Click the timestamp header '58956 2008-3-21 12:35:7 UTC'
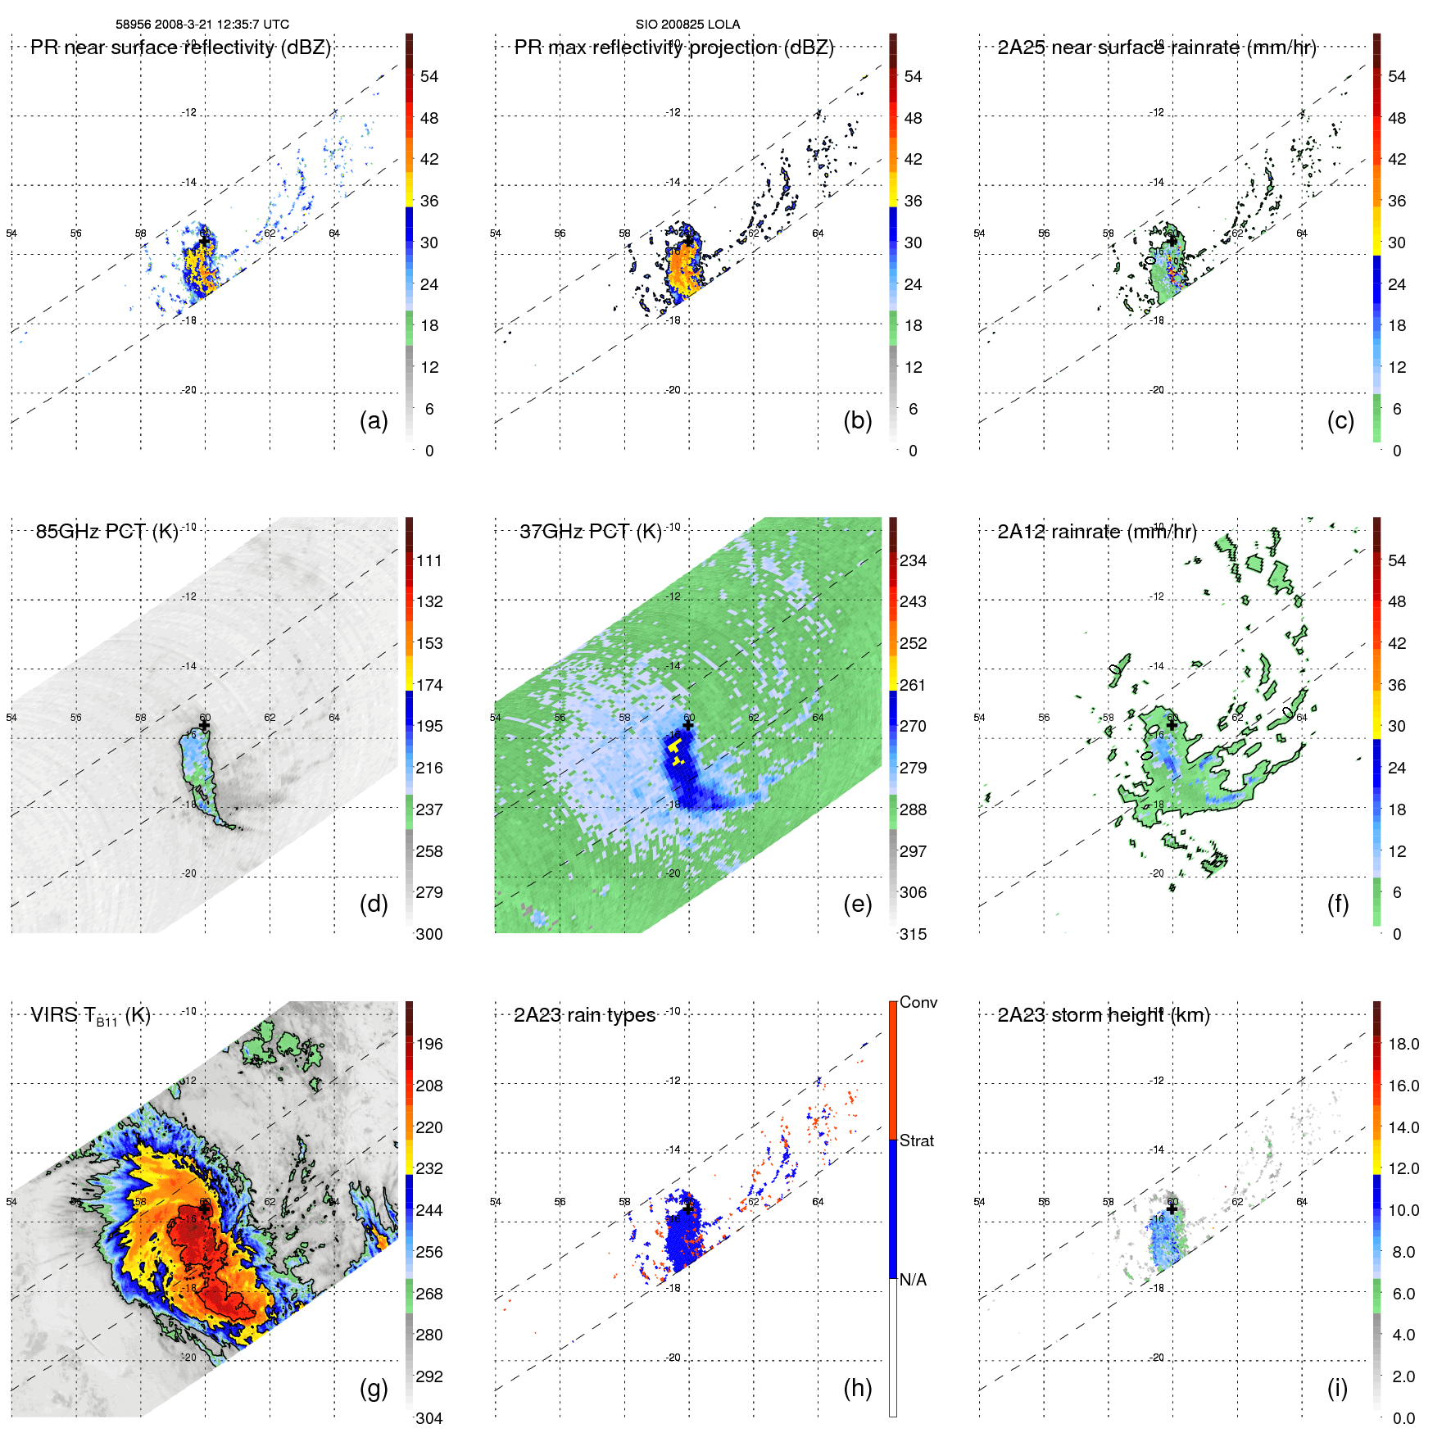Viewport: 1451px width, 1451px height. [x=202, y=25]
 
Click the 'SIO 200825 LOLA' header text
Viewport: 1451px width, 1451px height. [x=687, y=25]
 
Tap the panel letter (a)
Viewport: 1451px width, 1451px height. [x=374, y=420]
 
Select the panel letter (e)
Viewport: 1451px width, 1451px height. [x=857, y=904]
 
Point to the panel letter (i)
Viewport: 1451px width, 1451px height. [x=1337, y=1388]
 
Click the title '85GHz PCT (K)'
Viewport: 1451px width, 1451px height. [x=107, y=531]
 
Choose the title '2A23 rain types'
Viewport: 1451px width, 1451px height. [x=584, y=1015]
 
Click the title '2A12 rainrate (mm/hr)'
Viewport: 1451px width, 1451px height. [x=1096, y=531]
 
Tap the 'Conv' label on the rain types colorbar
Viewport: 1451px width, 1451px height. [x=918, y=1002]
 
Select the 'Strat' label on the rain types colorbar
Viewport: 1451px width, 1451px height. [x=916, y=1140]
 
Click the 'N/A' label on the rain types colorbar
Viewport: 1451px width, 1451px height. [x=913, y=1280]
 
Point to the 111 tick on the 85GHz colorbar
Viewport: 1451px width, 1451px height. [x=429, y=560]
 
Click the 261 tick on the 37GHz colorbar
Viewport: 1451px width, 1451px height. [x=913, y=685]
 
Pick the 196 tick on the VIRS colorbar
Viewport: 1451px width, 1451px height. [x=429, y=1044]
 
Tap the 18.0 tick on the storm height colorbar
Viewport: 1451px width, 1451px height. [x=1403, y=1044]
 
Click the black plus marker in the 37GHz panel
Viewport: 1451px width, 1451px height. [x=687, y=725]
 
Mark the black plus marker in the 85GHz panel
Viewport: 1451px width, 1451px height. [x=204, y=725]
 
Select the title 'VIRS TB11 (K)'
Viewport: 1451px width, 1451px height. [x=90, y=1016]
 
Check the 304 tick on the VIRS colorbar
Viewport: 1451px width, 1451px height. [x=429, y=1418]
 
